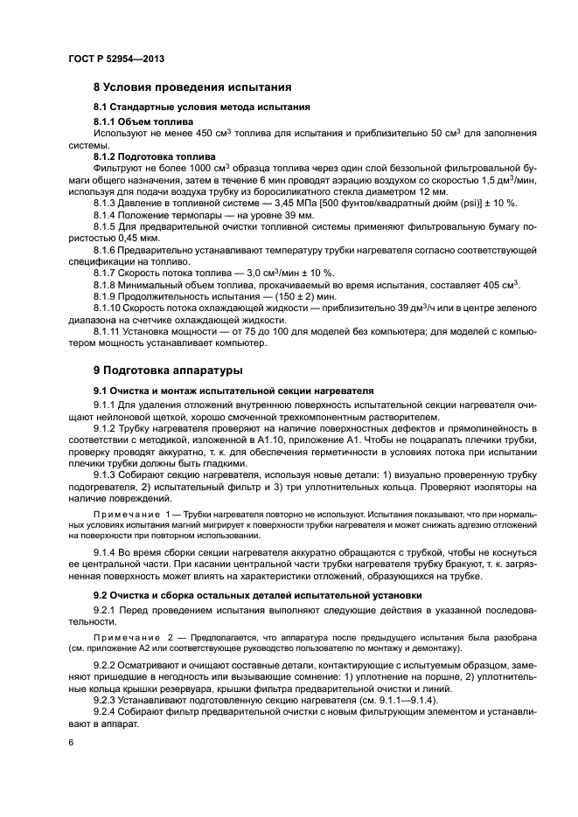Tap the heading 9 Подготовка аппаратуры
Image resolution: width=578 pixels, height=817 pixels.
click(170, 370)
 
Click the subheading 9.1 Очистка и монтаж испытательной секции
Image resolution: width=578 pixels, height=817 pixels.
click(233, 390)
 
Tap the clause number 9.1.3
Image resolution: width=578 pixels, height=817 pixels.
click(108, 460)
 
